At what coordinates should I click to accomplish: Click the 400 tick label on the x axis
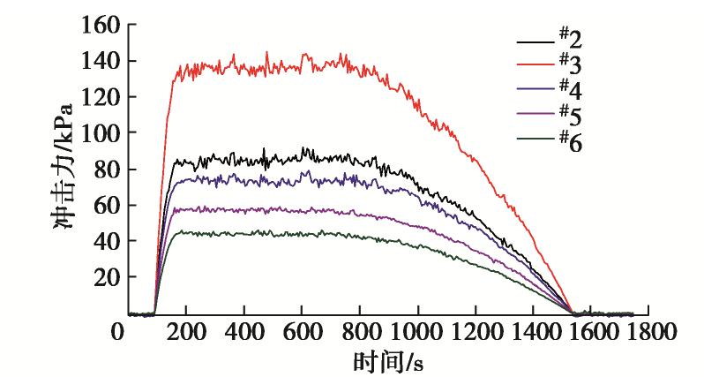tap(243, 334)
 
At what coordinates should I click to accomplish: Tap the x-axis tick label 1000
tap(419, 334)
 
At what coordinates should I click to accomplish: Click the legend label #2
tap(570, 39)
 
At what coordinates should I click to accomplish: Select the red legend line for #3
tap(533, 64)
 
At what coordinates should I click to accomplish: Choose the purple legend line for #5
tap(533, 114)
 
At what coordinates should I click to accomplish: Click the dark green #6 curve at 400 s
tap(243, 233)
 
